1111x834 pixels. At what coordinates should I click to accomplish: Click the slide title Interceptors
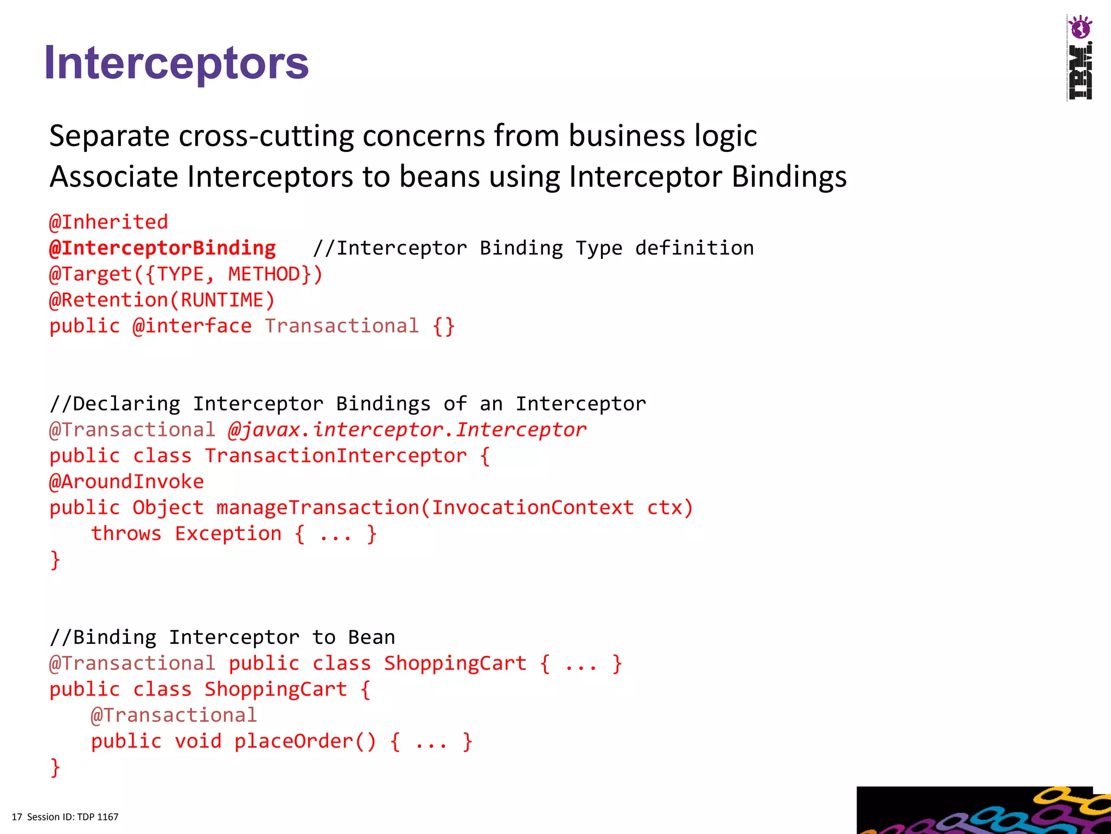176,63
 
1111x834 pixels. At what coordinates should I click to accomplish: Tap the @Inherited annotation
108,222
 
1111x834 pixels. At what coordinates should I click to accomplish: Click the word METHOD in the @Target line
264,274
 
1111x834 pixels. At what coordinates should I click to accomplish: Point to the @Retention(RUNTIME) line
162,300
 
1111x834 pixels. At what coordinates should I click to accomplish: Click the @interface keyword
192,326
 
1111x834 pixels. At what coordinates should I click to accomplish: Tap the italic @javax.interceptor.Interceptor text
407,430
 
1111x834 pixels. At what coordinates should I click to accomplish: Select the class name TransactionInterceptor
336,456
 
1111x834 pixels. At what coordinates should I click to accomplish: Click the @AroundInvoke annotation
127,482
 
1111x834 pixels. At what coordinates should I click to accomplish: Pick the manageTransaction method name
318,508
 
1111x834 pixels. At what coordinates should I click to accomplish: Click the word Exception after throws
228,534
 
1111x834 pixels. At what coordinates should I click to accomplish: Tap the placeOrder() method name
305,742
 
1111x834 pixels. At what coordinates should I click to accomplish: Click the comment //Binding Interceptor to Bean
222,637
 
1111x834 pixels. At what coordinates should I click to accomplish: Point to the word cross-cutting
266,136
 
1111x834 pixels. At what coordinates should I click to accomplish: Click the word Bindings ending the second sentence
789,177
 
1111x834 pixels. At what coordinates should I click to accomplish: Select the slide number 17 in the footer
17,817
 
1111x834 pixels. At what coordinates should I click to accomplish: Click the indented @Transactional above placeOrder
174,716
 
